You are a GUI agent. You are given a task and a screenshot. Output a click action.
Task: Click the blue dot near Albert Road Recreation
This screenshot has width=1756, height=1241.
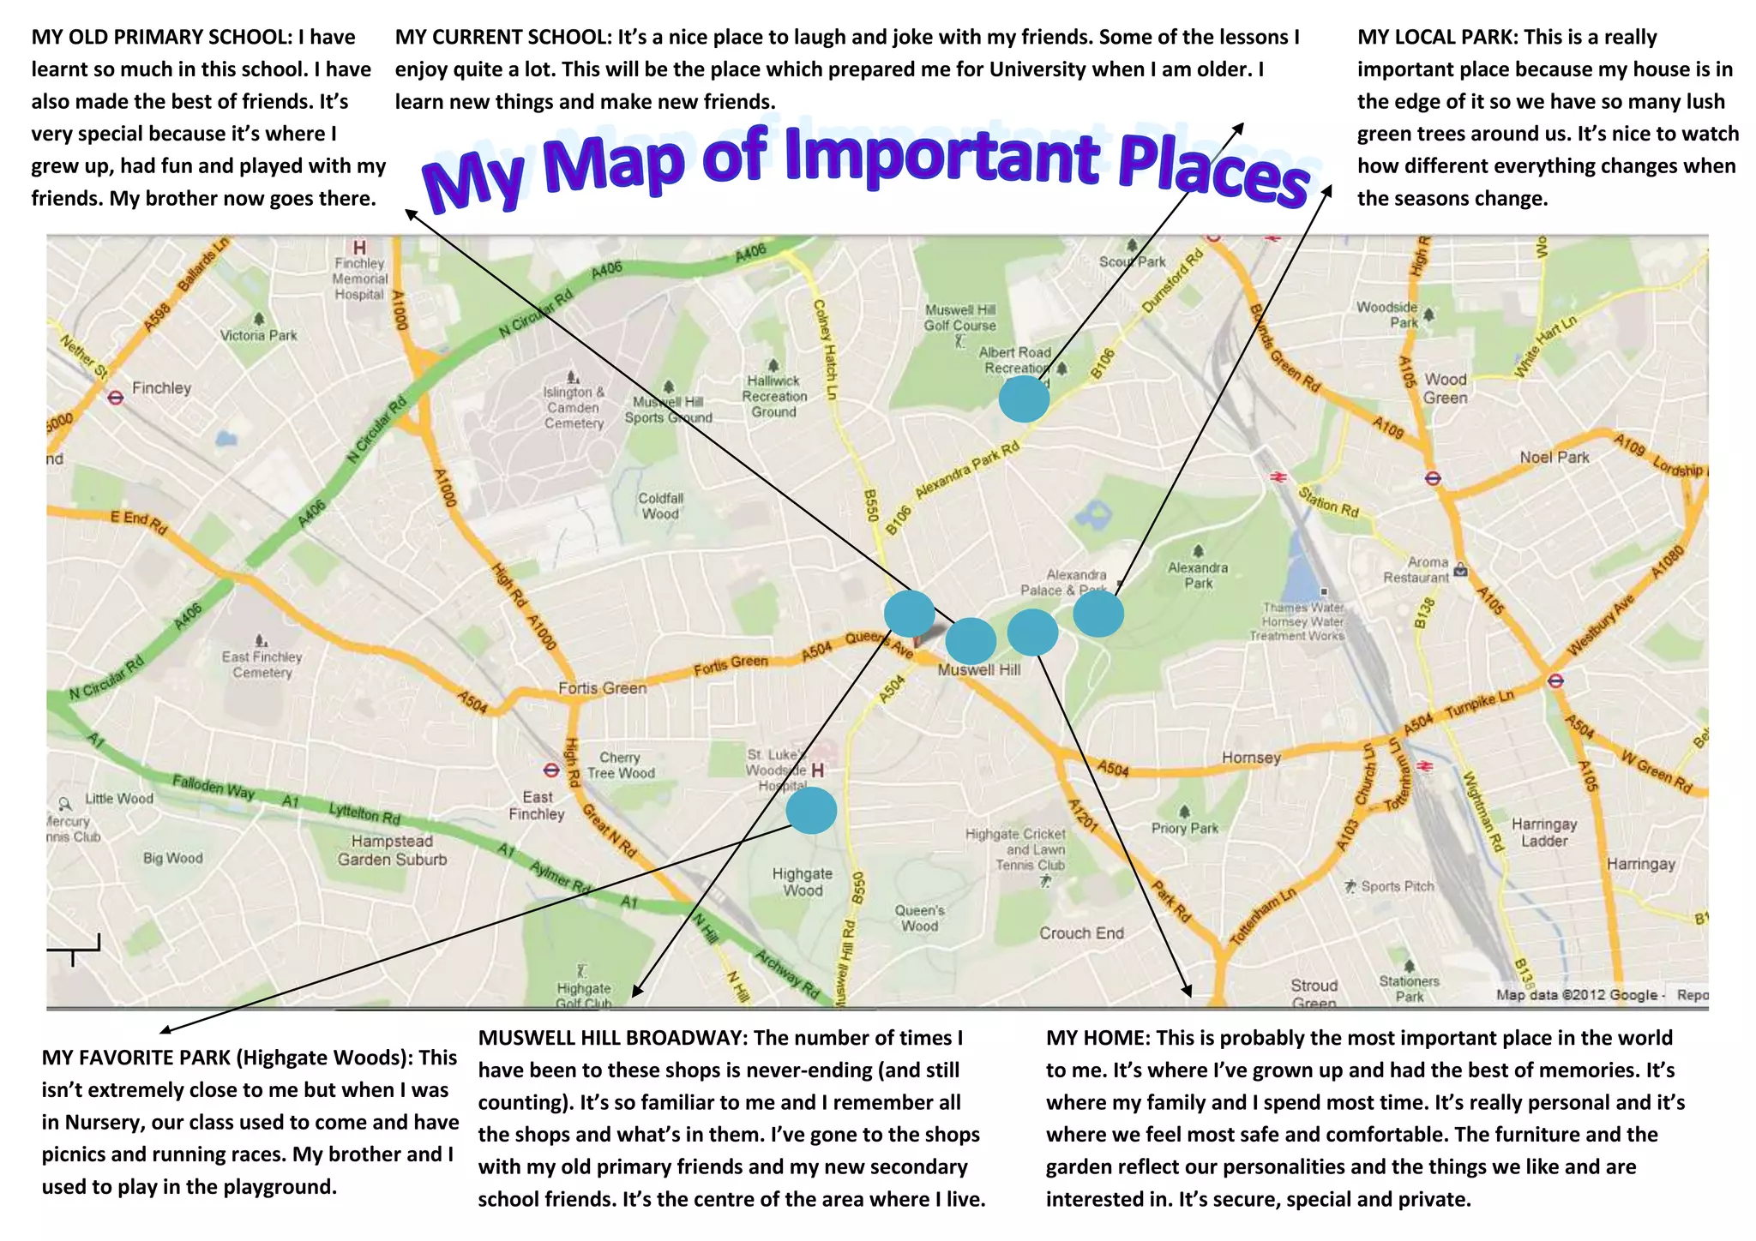tap(1024, 399)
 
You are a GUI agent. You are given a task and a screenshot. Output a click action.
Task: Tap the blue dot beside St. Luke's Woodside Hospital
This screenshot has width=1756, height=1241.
tap(810, 810)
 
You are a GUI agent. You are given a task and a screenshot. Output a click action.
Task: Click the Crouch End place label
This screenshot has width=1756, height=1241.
tap(1081, 933)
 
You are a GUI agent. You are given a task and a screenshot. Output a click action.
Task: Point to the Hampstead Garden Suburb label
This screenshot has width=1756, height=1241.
tap(392, 850)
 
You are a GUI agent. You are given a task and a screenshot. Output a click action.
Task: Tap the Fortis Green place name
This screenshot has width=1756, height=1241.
tap(602, 688)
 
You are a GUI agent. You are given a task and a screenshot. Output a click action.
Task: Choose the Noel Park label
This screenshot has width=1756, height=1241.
tap(1554, 458)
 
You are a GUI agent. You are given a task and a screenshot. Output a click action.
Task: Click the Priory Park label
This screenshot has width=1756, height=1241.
tap(1185, 828)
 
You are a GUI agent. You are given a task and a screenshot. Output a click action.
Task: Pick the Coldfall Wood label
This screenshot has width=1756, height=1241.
tap(660, 506)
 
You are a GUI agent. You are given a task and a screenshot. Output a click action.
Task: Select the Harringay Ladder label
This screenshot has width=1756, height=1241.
tap(1543, 832)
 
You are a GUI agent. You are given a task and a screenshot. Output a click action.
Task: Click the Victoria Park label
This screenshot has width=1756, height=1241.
tap(258, 335)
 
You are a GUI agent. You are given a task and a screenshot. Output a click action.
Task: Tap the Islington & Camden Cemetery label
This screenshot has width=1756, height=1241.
tap(574, 407)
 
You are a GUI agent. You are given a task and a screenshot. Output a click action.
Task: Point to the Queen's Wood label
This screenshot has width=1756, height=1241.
tap(919, 918)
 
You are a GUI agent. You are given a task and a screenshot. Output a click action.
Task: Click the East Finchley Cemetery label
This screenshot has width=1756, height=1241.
tap(262, 664)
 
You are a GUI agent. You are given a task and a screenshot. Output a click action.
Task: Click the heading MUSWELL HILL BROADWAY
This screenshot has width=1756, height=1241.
tap(612, 1038)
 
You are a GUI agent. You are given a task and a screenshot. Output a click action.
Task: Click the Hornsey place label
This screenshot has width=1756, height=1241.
tap(1251, 758)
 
